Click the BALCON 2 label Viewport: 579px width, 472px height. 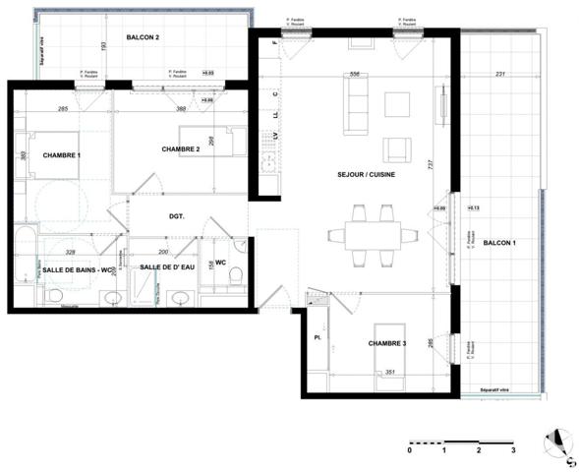coord(143,37)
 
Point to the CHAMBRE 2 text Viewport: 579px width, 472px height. coord(181,148)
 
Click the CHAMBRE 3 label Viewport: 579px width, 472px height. coord(387,343)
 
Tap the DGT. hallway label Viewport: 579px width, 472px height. coord(177,215)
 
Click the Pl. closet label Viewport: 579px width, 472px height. coord(317,337)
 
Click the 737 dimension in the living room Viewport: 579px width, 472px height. coord(429,167)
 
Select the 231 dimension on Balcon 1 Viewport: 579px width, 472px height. coord(498,74)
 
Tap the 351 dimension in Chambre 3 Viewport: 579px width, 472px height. coord(388,373)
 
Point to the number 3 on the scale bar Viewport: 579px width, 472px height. coord(512,450)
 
